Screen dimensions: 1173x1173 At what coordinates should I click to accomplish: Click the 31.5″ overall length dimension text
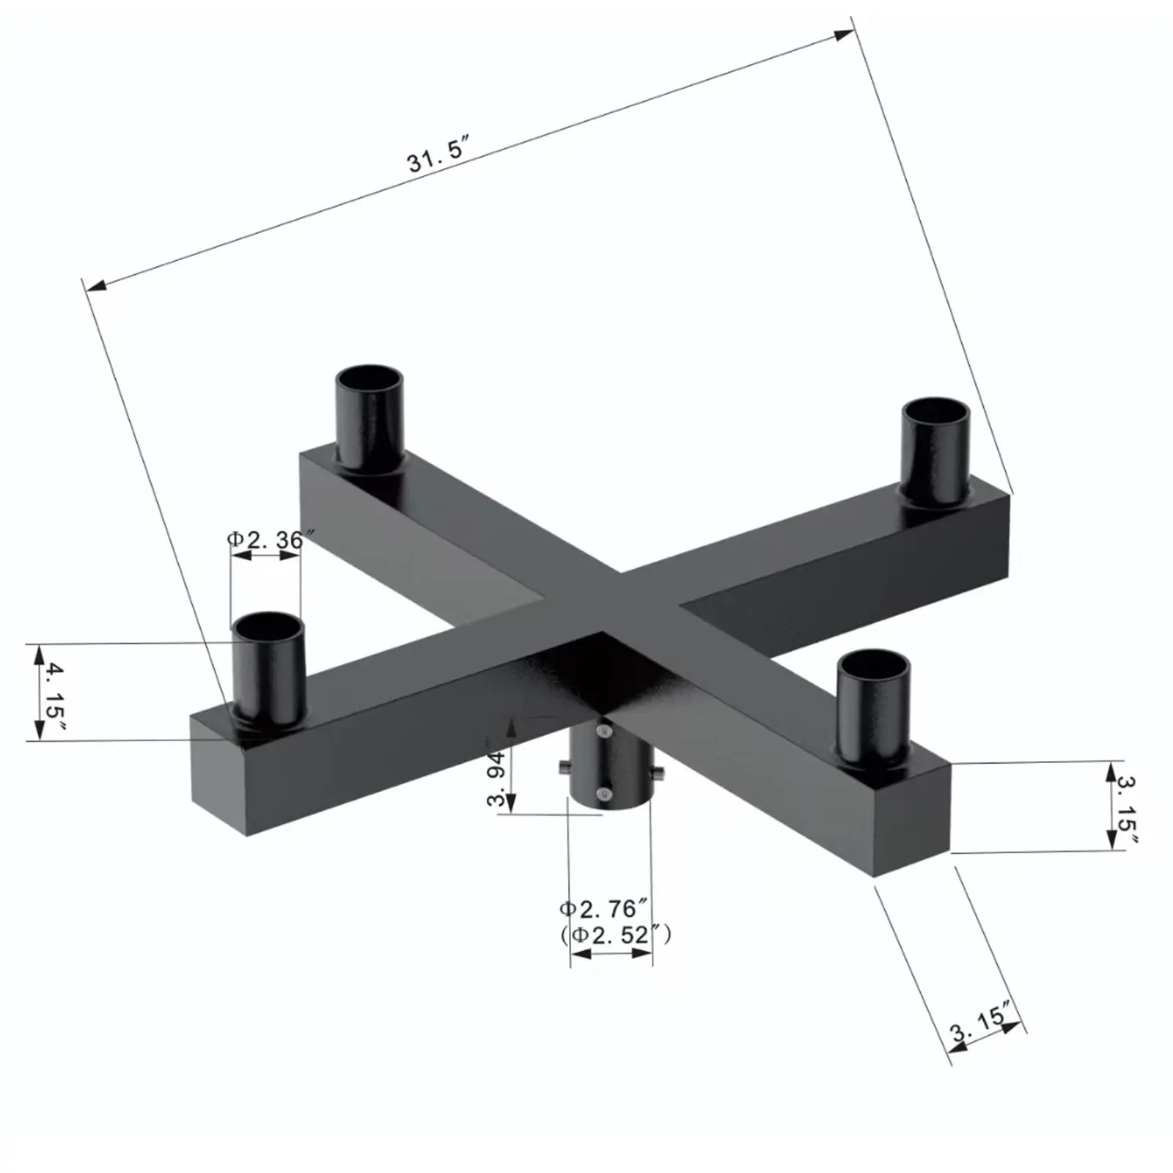[x=438, y=155]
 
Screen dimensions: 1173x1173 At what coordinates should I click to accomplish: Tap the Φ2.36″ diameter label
[x=265, y=540]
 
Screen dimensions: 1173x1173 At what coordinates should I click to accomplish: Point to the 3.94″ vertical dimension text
[x=496, y=779]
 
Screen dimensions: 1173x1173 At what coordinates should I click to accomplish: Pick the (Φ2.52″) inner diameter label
[x=614, y=935]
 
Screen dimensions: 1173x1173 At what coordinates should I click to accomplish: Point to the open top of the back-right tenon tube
[x=935, y=412]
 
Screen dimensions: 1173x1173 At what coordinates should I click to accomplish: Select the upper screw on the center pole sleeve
[x=603, y=732]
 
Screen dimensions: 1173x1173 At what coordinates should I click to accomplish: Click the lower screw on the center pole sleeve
[x=603, y=793]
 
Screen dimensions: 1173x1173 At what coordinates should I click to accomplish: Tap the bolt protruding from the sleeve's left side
[x=563, y=768]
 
